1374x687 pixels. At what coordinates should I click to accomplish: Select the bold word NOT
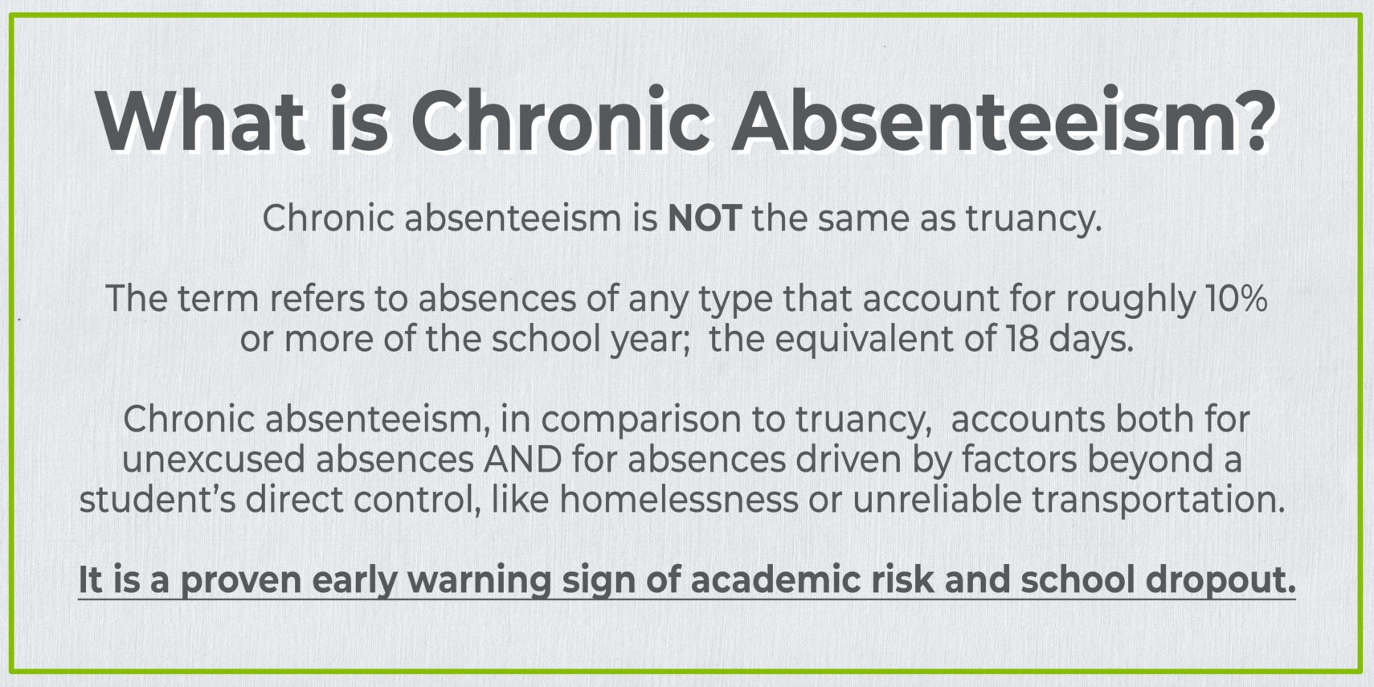(704, 219)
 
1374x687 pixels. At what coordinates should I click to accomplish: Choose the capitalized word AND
(522, 460)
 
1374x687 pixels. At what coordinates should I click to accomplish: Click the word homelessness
(679, 500)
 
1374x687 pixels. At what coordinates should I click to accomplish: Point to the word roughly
(1131, 299)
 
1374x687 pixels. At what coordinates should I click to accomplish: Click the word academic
(770, 580)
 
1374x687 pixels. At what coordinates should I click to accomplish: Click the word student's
(157, 500)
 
